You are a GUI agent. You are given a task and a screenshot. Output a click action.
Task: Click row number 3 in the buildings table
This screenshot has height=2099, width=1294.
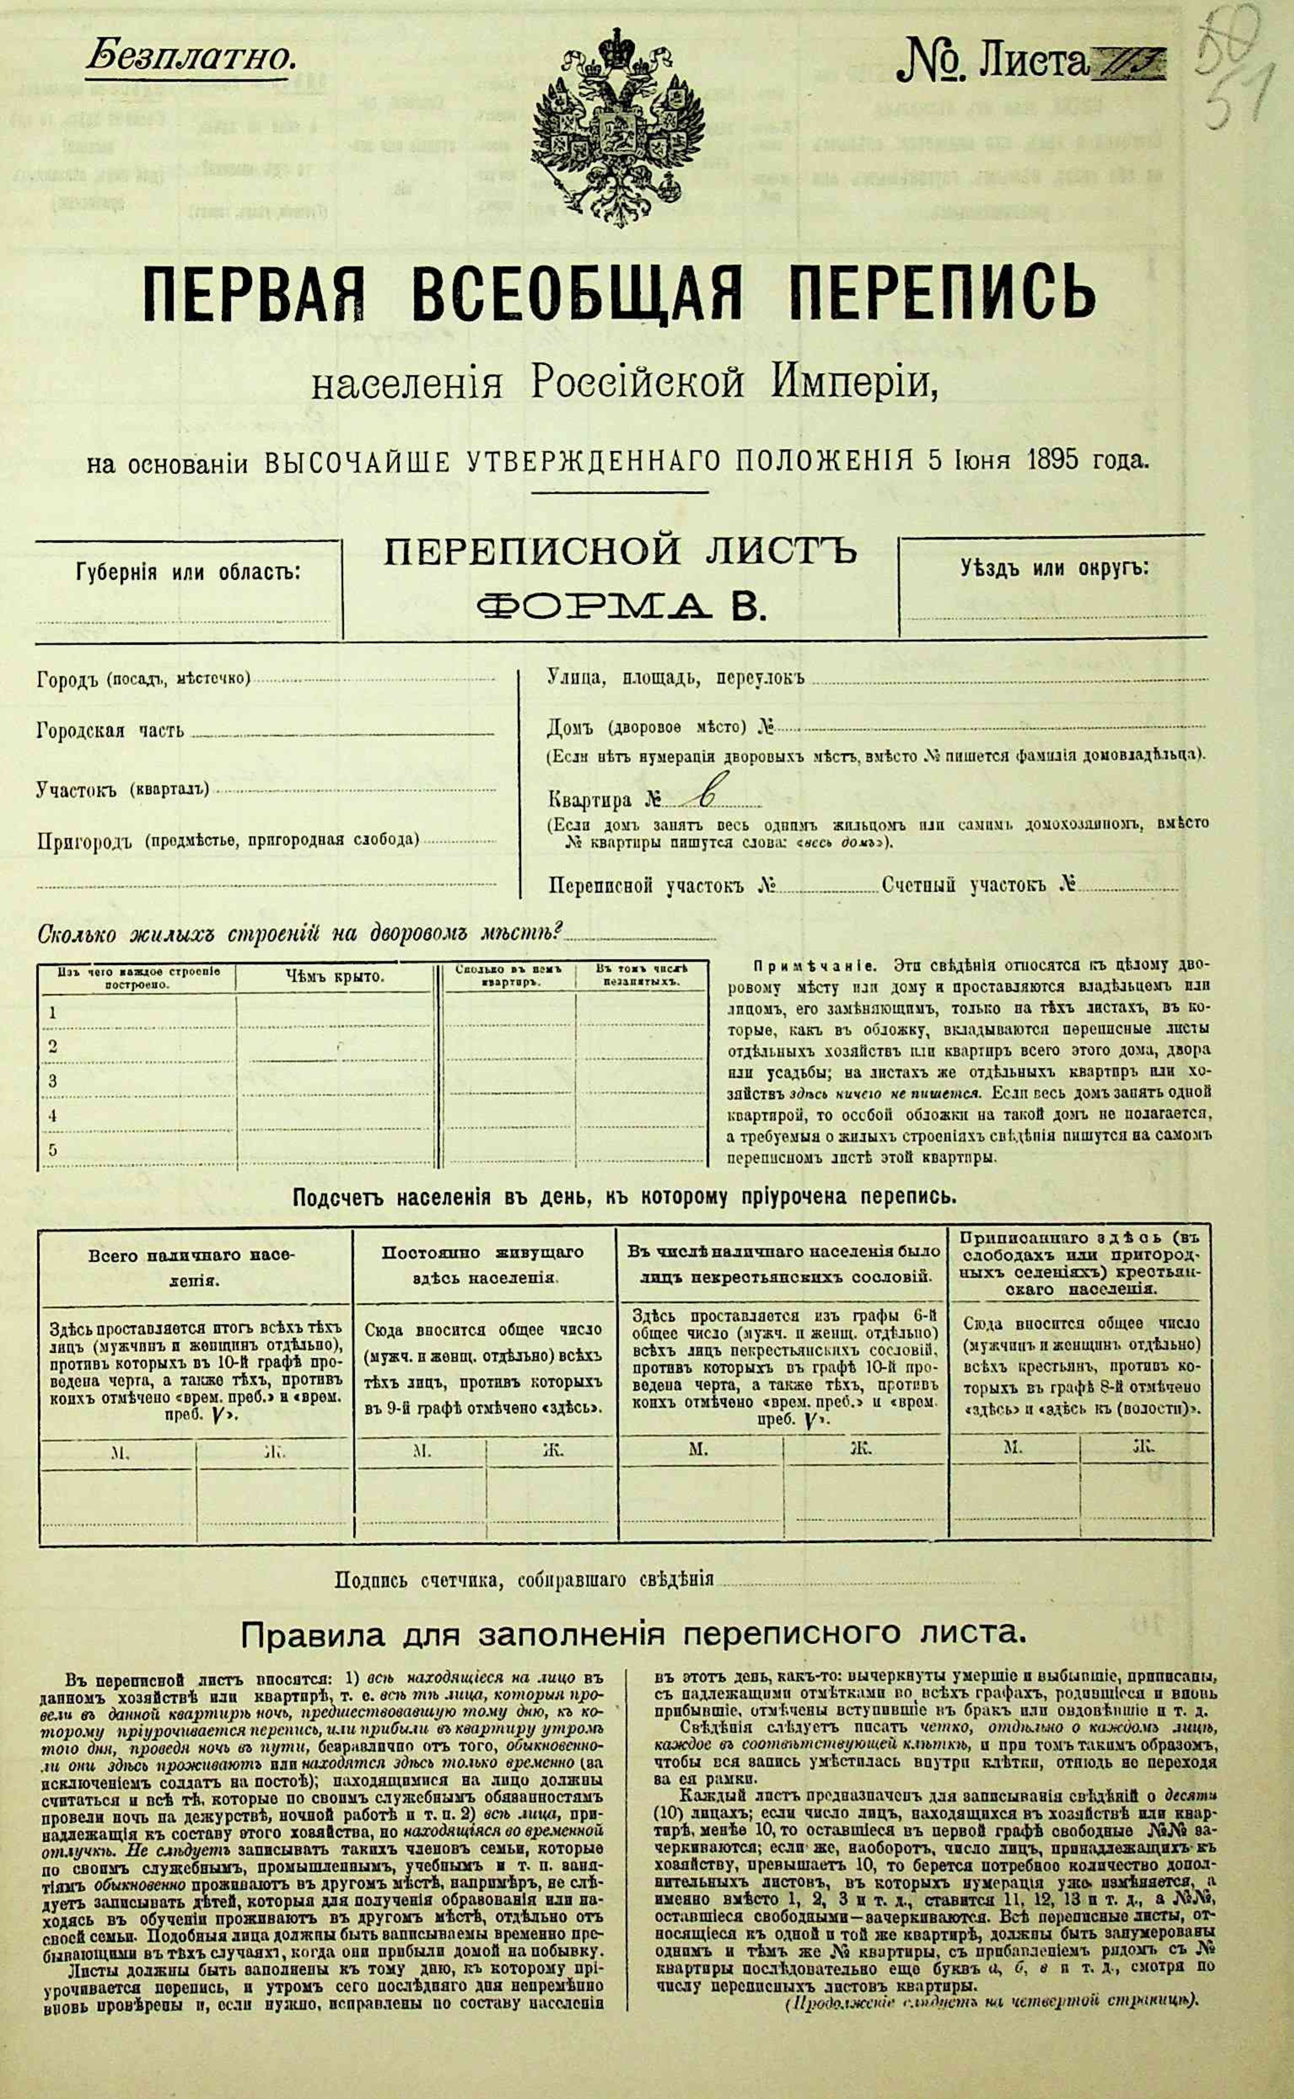coord(53,1081)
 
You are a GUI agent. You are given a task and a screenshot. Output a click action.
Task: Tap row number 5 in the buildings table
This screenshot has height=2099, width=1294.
coord(53,1149)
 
